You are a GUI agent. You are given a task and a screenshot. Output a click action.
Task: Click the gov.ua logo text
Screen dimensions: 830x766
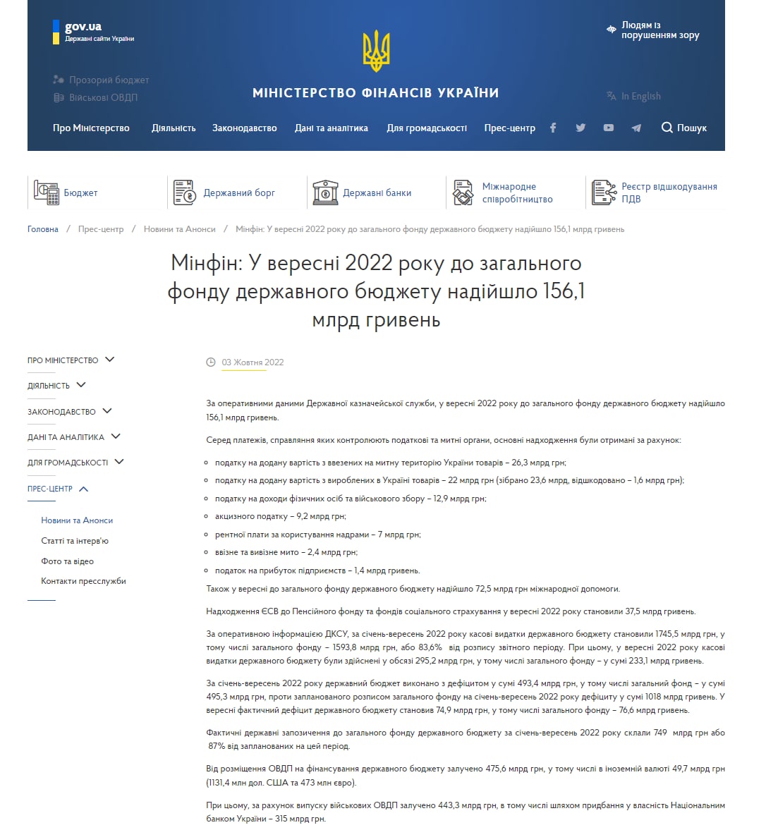[x=83, y=27]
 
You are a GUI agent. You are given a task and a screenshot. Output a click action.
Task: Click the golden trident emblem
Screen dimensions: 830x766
[x=376, y=51]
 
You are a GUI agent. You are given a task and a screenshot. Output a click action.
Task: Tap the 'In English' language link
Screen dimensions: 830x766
[x=640, y=96]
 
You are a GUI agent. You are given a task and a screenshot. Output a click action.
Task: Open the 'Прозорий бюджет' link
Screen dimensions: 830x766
[x=109, y=80]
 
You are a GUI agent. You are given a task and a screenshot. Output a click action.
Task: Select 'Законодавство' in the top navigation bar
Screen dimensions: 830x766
[x=244, y=128]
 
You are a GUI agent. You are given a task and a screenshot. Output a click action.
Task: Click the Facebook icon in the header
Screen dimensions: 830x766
[x=553, y=128]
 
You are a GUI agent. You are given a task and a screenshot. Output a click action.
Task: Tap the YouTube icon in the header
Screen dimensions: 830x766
[x=608, y=128]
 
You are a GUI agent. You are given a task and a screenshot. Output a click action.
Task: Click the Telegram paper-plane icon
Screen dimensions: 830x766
[x=636, y=128]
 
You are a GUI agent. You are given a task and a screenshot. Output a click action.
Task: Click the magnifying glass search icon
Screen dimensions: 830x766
[x=667, y=128]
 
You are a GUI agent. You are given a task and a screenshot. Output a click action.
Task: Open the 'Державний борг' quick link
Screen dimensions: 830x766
[x=239, y=193]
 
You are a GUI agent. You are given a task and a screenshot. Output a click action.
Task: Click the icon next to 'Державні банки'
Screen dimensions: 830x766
[x=325, y=193]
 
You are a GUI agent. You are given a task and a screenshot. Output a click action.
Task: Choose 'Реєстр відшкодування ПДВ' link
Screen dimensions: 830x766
[x=669, y=193]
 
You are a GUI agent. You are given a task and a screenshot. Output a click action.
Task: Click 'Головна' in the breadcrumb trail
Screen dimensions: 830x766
[x=43, y=229]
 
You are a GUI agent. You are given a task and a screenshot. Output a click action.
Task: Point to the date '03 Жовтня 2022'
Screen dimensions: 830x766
[x=253, y=362]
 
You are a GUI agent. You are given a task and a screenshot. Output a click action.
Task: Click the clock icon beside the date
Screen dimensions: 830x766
[x=210, y=362]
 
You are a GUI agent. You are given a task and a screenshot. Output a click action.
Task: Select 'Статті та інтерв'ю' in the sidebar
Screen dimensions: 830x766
[x=75, y=541]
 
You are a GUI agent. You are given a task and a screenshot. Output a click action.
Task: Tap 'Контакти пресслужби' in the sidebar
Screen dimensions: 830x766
[x=83, y=581]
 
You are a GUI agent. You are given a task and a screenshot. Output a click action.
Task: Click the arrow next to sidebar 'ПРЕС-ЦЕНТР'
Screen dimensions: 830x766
[x=84, y=489]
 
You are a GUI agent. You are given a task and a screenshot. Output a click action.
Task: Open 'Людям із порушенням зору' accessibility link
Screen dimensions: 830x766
[x=659, y=30]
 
